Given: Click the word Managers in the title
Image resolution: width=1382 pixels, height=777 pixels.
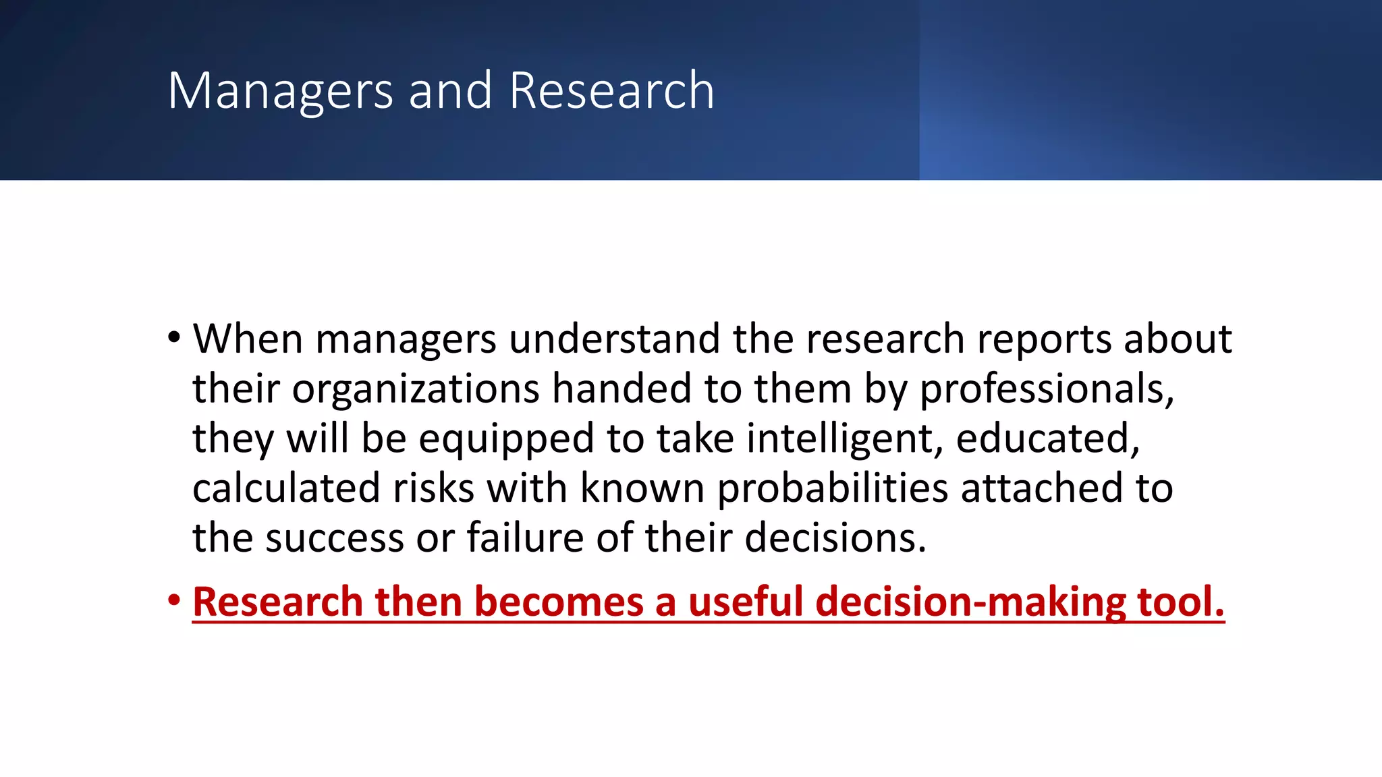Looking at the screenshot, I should (280, 91).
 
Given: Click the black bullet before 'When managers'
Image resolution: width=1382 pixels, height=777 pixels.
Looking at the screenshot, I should (175, 337).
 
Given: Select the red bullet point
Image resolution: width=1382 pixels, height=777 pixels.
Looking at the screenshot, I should (175, 600).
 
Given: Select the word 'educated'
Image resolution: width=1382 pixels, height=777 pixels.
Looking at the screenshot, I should (1046, 438).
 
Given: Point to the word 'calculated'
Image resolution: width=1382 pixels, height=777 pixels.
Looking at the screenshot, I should (286, 488).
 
